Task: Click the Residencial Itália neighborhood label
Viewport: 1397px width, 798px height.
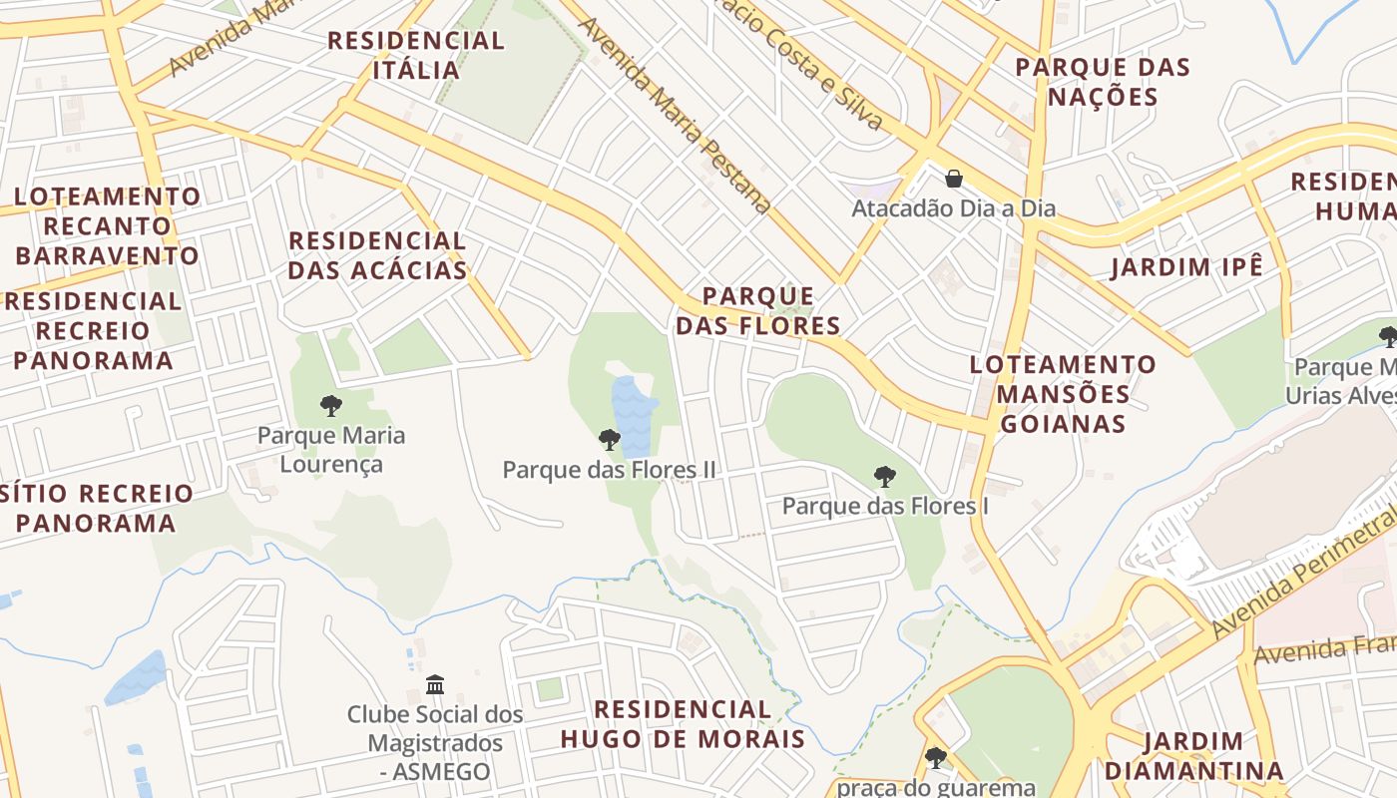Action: tap(416, 56)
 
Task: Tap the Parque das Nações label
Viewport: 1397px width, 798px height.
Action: tap(1103, 82)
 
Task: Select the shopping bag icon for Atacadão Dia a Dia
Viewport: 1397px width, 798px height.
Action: tap(954, 179)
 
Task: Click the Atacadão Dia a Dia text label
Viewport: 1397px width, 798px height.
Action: tap(953, 209)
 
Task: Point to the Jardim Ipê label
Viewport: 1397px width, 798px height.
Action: tap(1187, 267)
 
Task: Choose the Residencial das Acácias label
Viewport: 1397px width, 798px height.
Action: tap(377, 255)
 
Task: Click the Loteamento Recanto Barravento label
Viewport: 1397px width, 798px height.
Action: tap(107, 225)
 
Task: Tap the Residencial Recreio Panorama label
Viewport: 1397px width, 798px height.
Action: tap(94, 330)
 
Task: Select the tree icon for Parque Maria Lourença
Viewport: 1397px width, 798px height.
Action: tap(331, 406)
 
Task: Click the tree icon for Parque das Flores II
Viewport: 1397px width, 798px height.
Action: tap(609, 440)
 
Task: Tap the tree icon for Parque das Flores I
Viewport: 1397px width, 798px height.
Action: tap(884, 477)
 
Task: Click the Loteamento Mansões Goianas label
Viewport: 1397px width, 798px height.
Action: tap(1063, 394)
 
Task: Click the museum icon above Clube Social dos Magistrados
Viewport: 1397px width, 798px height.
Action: tap(435, 685)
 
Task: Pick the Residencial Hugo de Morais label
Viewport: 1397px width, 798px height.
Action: tap(683, 724)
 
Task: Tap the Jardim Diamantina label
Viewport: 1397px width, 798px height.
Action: tap(1193, 756)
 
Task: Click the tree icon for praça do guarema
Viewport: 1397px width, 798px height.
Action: tap(935, 758)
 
